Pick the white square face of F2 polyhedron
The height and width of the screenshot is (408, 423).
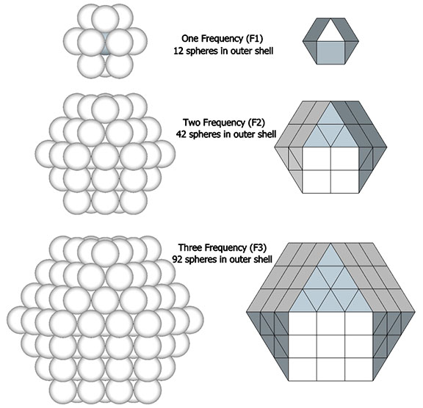(330, 170)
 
